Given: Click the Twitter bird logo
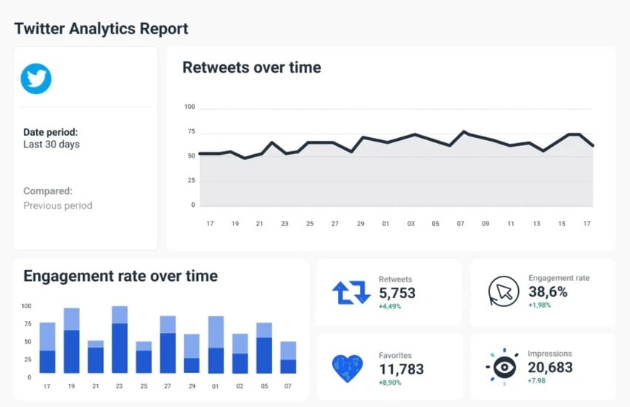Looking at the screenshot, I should tap(36, 79).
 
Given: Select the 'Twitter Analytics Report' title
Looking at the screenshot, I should tap(102, 29).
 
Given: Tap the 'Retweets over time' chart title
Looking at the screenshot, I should tap(251, 67).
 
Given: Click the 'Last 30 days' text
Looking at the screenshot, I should tap(51, 145).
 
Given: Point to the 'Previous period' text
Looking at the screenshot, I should tap(58, 205).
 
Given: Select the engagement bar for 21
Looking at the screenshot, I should tap(96, 357).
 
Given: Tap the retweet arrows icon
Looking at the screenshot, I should tap(351, 293).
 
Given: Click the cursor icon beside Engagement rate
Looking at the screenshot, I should tap(503, 291).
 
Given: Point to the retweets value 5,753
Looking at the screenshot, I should tap(397, 293).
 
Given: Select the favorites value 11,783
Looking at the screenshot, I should tap(401, 368).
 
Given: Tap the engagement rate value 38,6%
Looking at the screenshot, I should tap(548, 291).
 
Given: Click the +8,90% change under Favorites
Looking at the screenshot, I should tap(390, 383).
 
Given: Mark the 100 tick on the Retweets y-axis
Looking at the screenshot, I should tap(190, 107).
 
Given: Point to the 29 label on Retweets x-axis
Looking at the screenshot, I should tap(360, 223).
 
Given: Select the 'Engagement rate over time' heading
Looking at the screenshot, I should tap(121, 277).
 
